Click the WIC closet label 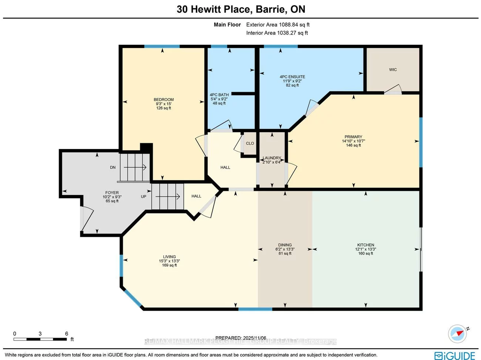(x=393, y=70)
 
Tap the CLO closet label (x=250, y=143)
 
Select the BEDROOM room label (x=164, y=100)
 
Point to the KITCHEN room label (x=366, y=245)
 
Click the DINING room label (x=285, y=245)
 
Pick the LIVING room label (x=169, y=257)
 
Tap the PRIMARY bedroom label (x=353, y=137)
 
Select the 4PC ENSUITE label (x=292, y=77)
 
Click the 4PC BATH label (x=219, y=95)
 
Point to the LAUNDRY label (x=272, y=158)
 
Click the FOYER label (x=112, y=193)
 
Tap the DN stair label (x=112, y=168)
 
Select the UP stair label (x=144, y=196)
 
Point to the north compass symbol (x=458, y=333)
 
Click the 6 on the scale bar (x=67, y=334)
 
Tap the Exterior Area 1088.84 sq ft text (x=278, y=25)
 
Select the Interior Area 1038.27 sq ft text (x=277, y=33)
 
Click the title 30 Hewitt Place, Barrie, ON (x=241, y=9)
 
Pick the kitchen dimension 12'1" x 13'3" (x=366, y=249)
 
